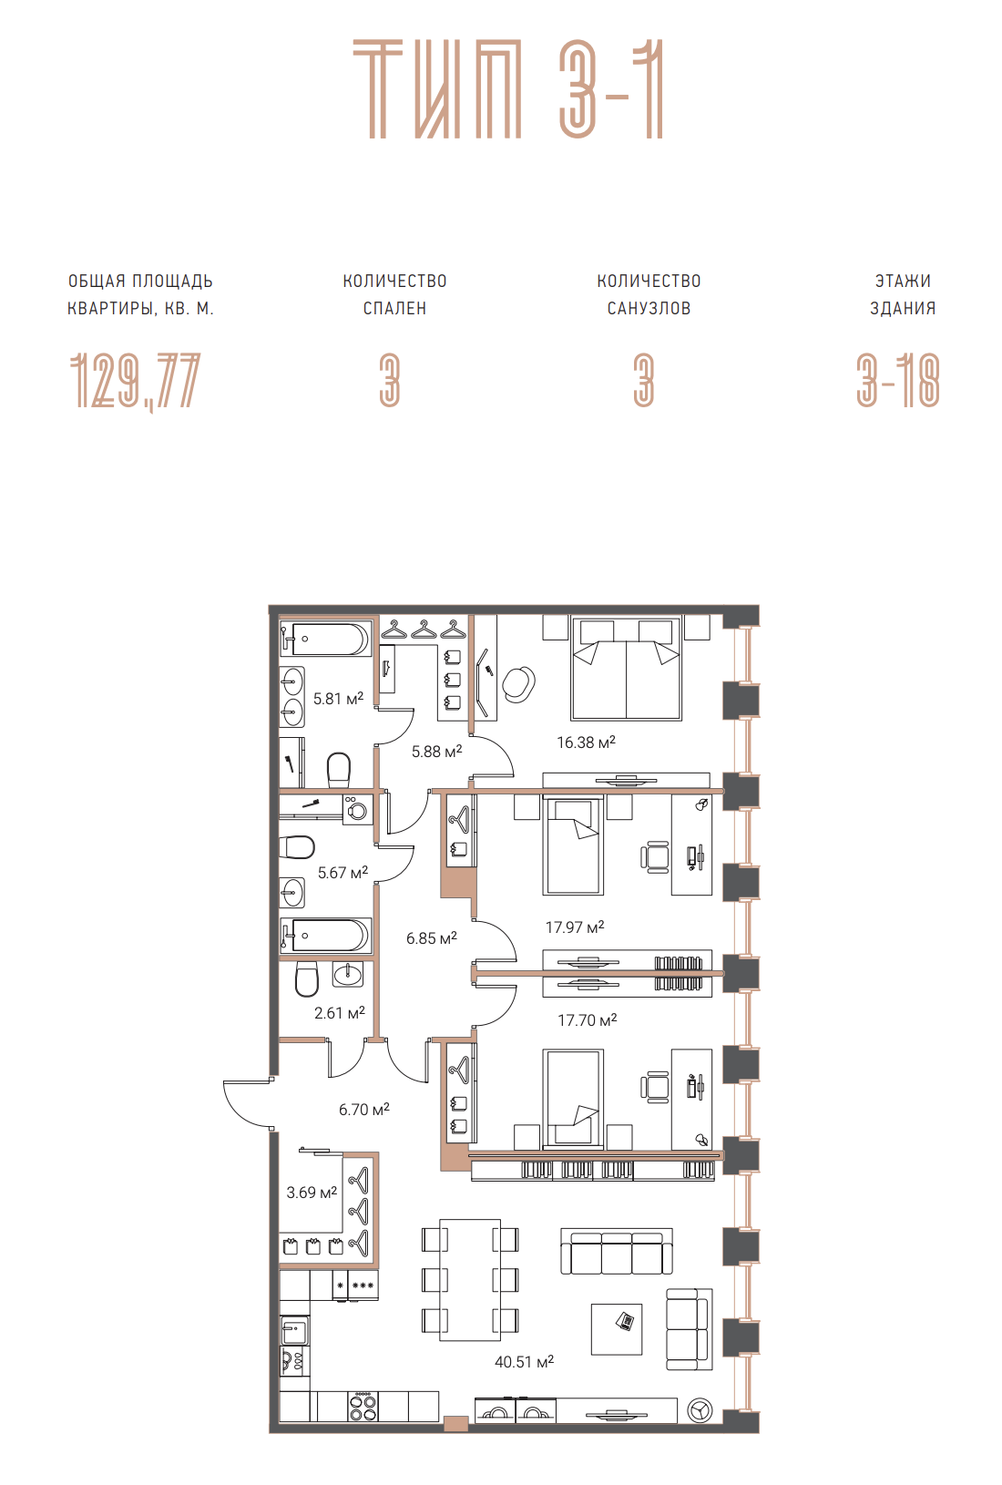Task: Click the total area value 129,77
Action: point(135,381)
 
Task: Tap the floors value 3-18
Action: point(898,380)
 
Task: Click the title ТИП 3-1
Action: point(508,89)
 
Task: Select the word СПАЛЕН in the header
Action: point(394,308)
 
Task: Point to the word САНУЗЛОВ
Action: point(649,308)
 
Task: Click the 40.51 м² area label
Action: point(524,1361)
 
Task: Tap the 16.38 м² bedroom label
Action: point(586,742)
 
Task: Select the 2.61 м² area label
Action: point(339,1012)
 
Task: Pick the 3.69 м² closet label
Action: point(312,1192)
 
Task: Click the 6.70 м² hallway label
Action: point(363,1109)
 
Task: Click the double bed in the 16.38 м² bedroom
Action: point(627,668)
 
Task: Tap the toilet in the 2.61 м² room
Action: point(307,978)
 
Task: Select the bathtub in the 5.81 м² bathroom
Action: point(325,639)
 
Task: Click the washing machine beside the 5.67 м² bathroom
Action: point(357,809)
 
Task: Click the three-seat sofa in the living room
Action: point(617,1253)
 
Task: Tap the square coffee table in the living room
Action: point(617,1329)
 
